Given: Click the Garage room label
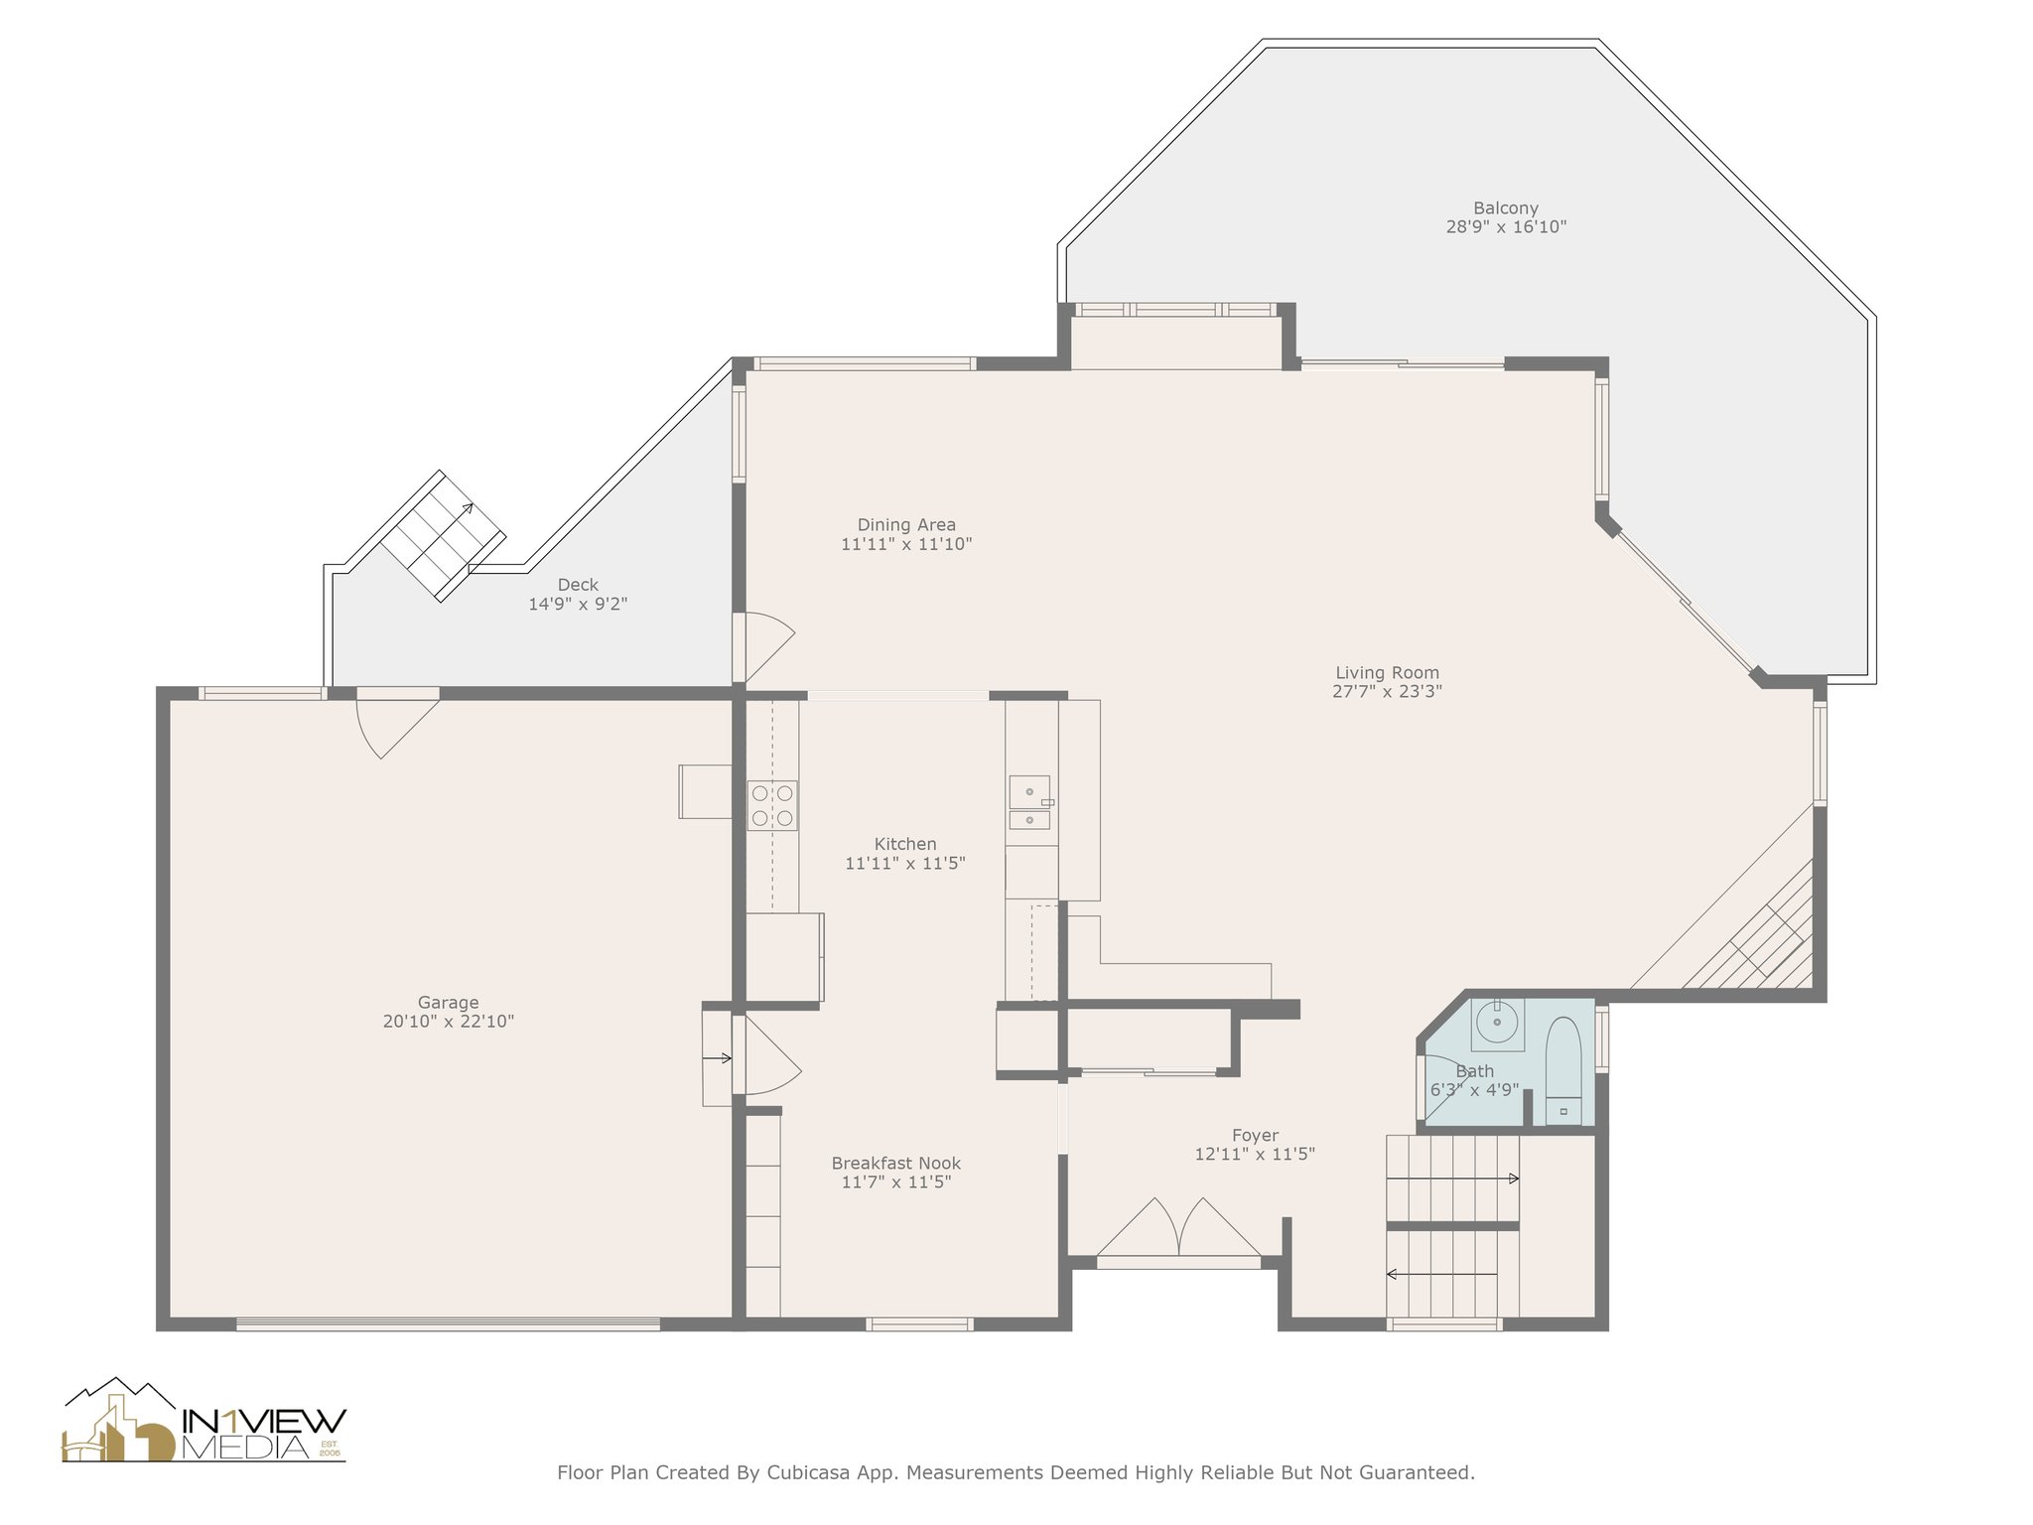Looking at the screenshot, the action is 448,1003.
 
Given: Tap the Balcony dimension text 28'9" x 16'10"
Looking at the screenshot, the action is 1506,226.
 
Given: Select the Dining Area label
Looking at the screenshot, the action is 906,525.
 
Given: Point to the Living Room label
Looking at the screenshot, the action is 1387,673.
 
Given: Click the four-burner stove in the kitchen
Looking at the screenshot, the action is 772,805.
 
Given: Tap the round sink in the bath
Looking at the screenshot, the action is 1496,1023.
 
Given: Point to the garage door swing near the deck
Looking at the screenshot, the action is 397,724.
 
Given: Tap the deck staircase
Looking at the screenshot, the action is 443,535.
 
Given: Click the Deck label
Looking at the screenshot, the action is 578,585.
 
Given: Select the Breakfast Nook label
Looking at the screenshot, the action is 896,1164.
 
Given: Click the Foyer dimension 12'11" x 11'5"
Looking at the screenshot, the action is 1255,1154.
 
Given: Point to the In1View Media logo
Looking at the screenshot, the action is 204,1421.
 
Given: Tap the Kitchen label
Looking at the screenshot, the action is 905,844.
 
